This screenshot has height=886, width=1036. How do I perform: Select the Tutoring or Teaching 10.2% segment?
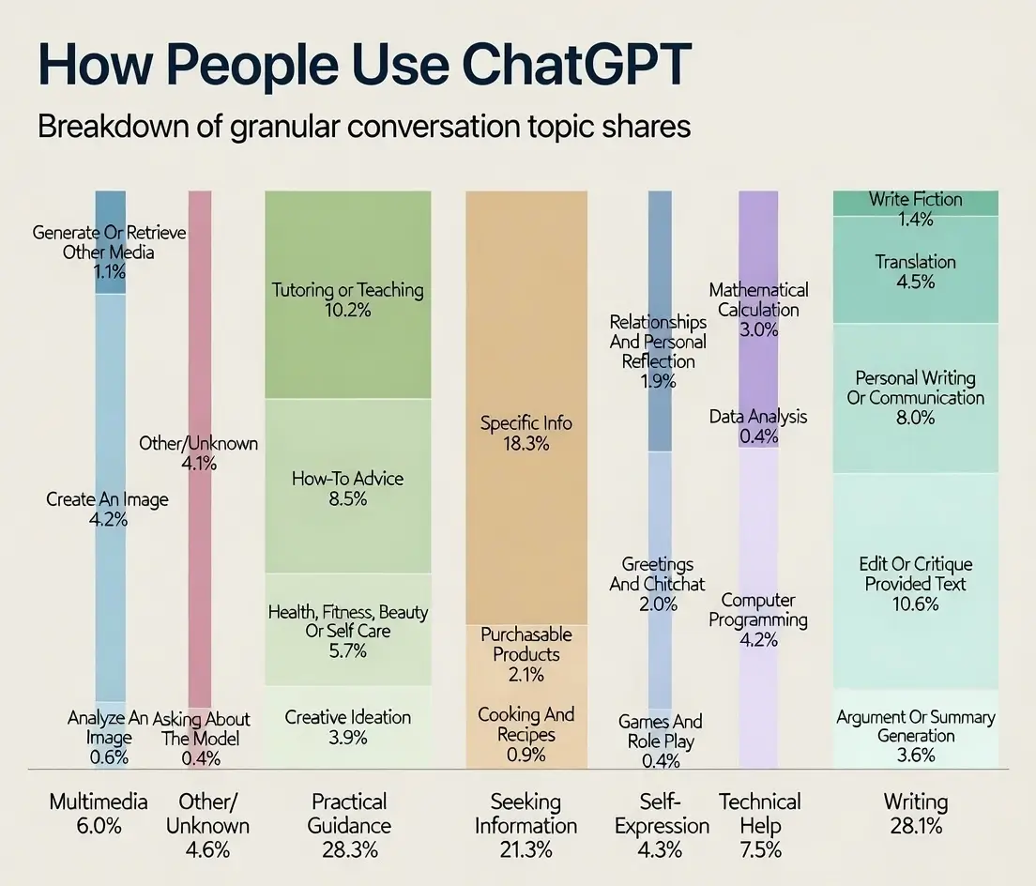click(x=347, y=299)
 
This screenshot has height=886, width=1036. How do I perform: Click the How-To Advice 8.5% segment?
click(x=347, y=488)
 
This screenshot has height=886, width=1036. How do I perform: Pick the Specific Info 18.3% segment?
click(x=526, y=433)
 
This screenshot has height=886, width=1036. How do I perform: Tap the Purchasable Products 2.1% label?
click(x=526, y=654)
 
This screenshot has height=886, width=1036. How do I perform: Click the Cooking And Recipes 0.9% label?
click(x=526, y=735)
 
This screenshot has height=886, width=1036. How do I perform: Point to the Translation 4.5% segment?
click(x=915, y=271)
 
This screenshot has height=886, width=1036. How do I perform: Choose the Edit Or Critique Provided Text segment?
click(x=915, y=583)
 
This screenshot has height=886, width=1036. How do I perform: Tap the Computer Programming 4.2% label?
click(x=758, y=619)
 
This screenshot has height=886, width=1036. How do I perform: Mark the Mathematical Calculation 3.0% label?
click(x=758, y=310)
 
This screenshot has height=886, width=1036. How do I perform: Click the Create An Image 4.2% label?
click(x=108, y=509)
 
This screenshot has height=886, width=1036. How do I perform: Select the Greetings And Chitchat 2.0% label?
click(x=658, y=584)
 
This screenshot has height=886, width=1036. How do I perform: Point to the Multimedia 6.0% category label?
click(x=99, y=813)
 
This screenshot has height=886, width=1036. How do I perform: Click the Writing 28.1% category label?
click(x=915, y=813)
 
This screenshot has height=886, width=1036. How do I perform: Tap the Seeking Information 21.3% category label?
click(x=526, y=825)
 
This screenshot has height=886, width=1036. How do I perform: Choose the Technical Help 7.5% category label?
click(x=759, y=825)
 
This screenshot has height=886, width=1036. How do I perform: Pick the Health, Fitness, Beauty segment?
click(x=347, y=631)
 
